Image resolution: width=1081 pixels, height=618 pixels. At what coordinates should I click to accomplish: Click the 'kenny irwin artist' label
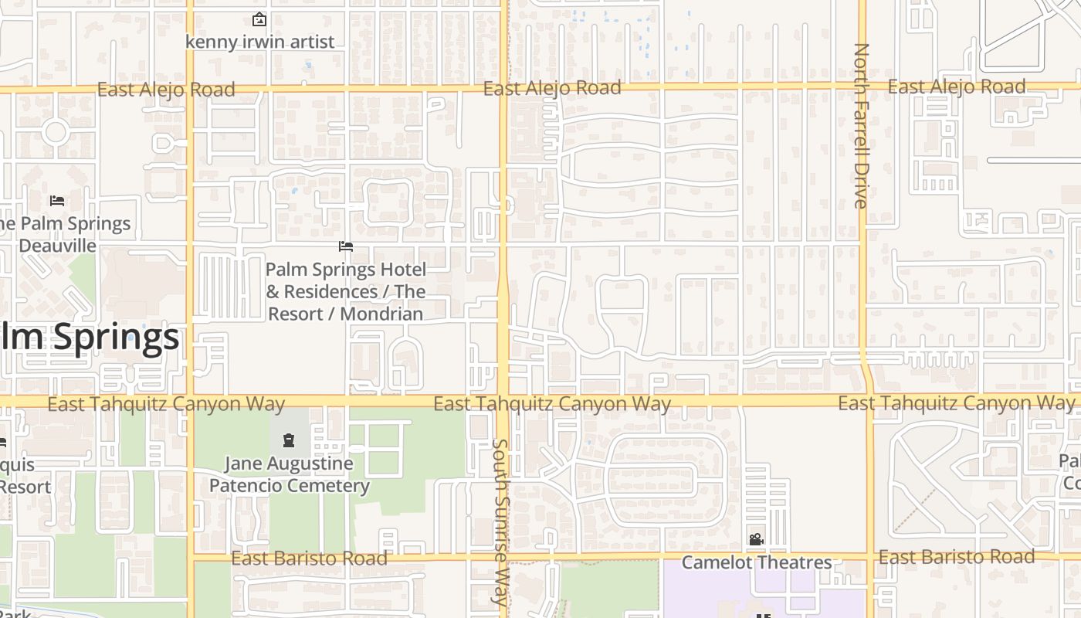coord(260,42)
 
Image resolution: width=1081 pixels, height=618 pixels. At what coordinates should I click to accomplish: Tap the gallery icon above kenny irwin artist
coord(259,19)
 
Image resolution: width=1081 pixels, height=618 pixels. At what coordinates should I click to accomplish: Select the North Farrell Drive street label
coord(861,125)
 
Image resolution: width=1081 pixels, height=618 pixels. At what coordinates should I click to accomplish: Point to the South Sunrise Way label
coord(501,521)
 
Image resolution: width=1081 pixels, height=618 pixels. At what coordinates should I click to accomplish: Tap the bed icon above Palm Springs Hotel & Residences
coord(346,246)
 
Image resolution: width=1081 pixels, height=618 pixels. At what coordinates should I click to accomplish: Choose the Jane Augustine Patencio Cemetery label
coord(290,474)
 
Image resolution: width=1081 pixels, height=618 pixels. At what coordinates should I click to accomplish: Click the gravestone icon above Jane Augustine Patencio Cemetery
coord(289,440)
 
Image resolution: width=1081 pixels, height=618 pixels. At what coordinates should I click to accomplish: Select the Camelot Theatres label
coord(757,562)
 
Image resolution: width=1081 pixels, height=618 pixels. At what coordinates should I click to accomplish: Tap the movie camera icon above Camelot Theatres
coord(756,539)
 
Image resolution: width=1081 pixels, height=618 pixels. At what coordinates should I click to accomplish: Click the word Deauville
coord(58,246)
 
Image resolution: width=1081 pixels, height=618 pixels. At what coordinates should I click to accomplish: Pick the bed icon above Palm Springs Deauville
coord(57,201)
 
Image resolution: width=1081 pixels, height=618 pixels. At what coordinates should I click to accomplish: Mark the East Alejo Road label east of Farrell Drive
coord(957,87)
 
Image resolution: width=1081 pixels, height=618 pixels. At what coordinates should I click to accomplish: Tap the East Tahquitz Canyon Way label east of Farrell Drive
coord(956,402)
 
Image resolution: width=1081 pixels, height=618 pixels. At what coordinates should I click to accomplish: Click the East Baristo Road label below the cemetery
coord(310,558)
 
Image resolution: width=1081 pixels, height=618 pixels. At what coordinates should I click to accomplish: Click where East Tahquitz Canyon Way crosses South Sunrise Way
coord(503,402)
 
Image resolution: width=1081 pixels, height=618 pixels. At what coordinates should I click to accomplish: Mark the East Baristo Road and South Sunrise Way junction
coord(503,556)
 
